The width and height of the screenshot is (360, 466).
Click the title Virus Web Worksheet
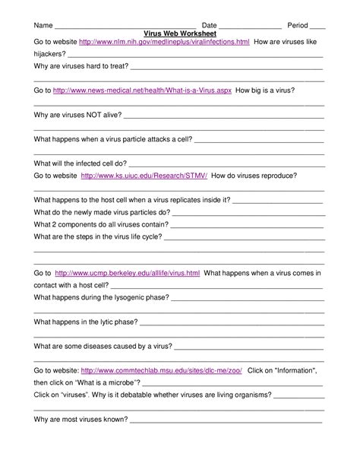pos(180,33)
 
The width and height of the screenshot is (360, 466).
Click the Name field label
pos(43,25)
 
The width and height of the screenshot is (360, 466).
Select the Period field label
pos(297,25)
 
